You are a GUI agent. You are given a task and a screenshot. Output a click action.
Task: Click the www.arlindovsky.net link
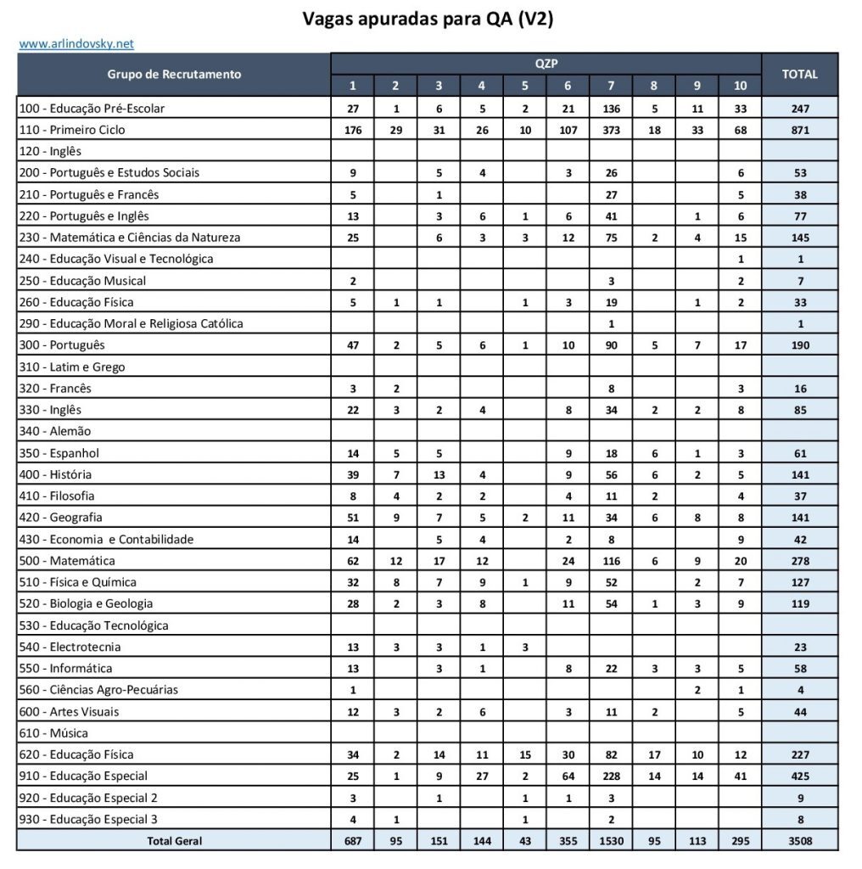click(x=76, y=43)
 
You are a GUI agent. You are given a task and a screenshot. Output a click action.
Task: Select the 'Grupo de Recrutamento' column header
click(x=174, y=74)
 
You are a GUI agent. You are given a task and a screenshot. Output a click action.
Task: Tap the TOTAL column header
click(x=799, y=74)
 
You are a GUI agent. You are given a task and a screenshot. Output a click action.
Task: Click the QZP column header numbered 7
click(x=611, y=86)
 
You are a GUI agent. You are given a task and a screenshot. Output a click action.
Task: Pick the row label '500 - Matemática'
click(x=70, y=561)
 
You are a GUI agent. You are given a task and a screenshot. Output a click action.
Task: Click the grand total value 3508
click(x=799, y=841)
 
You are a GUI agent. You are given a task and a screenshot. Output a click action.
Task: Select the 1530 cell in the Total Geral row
click(x=611, y=841)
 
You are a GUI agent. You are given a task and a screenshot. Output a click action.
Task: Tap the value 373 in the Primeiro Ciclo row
click(x=611, y=130)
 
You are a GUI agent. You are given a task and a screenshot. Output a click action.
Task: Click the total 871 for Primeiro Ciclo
click(x=799, y=130)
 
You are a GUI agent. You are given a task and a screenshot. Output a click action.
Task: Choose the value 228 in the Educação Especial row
click(x=611, y=776)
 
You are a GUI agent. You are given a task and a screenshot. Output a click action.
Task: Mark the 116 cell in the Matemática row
click(x=611, y=561)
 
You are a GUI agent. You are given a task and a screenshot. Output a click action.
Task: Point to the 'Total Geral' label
click(x=174, y=841)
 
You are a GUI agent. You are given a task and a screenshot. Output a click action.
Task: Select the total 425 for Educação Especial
click(x=799, y=776)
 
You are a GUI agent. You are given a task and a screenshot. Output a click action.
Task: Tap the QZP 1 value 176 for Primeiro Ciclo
click(x=353, y=130)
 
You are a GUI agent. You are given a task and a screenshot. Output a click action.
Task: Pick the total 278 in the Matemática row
click(x=799, y=561)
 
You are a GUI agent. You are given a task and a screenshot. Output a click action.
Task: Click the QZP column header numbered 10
click(x=740, y=86)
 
